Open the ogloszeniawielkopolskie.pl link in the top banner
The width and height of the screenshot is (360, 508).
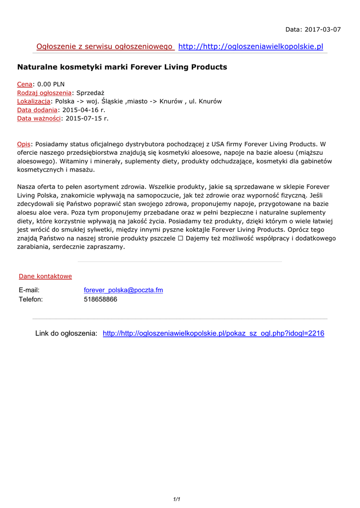(250, 47)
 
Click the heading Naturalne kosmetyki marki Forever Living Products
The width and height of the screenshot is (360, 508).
(122, 67)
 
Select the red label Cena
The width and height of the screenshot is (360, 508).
(25, 84)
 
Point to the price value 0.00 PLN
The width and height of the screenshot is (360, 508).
(51, 84)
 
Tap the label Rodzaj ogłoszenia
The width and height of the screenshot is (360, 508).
(44, 93)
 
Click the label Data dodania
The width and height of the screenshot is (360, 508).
(37, 110)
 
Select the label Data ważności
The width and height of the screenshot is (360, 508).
(39, 118)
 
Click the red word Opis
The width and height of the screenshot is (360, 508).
(24, 144)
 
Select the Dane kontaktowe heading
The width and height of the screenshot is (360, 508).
(45, 276)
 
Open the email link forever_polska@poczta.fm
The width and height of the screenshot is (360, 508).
(123, 290)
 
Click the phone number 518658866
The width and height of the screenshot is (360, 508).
(100, 300)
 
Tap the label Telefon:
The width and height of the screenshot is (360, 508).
(31, 300)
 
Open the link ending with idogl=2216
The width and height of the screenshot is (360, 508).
(213, 333)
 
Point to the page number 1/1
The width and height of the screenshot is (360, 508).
(177, 499)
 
